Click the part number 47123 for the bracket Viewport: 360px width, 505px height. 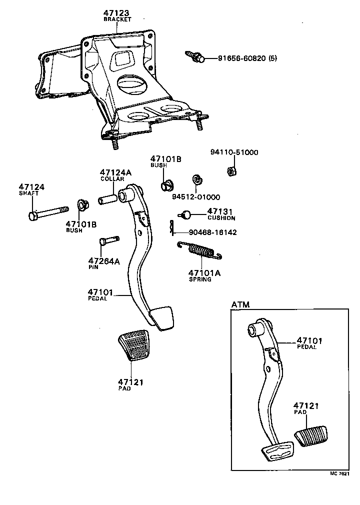[116, 12]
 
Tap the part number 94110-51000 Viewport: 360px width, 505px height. [234, 152]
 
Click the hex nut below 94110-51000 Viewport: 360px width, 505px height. [231, 172]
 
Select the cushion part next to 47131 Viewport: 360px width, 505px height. [186, 215]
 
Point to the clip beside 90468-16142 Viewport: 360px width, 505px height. [171, 227]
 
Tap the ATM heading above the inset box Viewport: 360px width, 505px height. [240, 304]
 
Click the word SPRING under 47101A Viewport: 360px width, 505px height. [200, 279]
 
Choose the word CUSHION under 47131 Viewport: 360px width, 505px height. [221, 218]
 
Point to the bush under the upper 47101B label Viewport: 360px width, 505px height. [166, 186]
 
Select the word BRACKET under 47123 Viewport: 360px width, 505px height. [117, 19]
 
